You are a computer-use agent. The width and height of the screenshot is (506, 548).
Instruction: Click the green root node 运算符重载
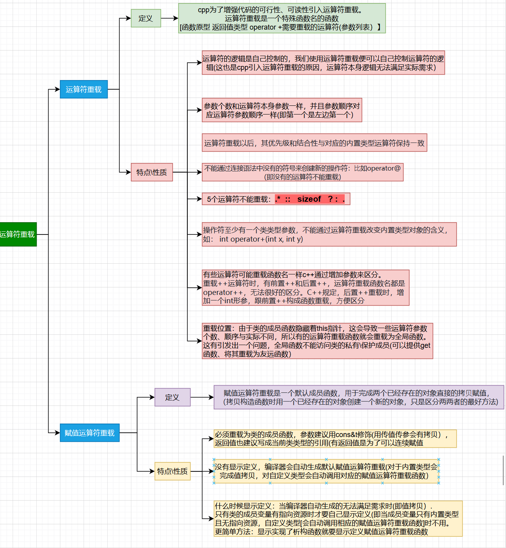[18, 235]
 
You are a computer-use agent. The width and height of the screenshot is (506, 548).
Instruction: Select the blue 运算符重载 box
[84, 89]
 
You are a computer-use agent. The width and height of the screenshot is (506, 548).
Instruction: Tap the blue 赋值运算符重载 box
[90, 433]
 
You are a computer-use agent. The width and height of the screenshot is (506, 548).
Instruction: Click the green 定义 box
[146, 18]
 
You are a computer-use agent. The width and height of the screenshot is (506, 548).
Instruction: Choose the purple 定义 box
[172, 397]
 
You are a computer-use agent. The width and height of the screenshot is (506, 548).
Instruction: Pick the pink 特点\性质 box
[151, 172]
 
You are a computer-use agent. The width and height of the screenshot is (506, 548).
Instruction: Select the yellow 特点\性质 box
[172, 471]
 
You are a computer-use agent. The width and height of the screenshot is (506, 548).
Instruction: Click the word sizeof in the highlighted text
[309, 199]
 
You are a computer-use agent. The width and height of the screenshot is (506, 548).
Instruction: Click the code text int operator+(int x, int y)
[261, 239]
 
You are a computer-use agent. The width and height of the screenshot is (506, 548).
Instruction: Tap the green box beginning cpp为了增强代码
[282, 18]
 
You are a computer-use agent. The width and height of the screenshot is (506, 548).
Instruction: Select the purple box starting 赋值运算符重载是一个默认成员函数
[358, 397]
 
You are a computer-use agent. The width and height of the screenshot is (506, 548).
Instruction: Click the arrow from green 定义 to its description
[170, 18]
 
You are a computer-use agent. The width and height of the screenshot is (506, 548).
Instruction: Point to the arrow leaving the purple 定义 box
[202, 397]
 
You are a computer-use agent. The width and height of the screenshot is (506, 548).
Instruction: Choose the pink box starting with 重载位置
[317, 341]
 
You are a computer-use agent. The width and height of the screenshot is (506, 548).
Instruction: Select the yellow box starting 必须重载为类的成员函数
[335, 439]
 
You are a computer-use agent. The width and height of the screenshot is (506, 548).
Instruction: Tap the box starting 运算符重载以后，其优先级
[314, 143]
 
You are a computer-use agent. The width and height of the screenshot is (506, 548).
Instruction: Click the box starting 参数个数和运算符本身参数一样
[282, 110]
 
